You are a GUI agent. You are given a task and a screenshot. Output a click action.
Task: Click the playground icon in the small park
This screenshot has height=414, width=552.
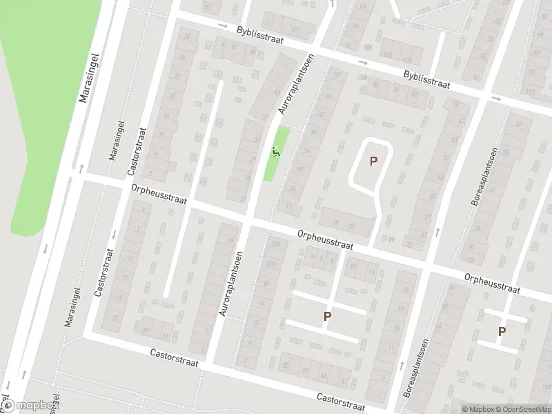coord(276,152)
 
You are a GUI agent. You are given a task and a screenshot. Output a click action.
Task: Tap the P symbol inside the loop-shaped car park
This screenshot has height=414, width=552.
coord(374,161)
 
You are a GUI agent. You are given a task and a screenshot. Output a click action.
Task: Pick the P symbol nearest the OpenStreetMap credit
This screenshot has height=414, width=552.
coord(502,332)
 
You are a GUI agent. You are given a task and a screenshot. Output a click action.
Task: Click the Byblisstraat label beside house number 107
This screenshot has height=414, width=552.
coord(427,82)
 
